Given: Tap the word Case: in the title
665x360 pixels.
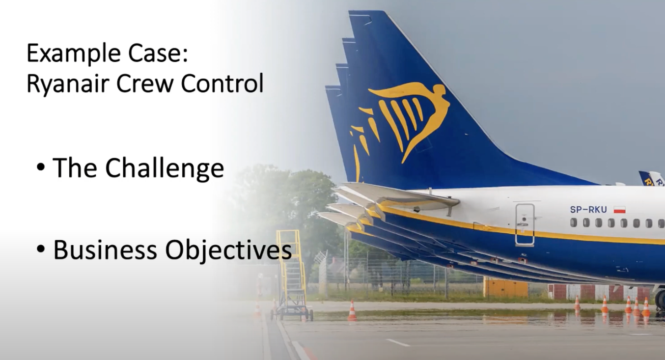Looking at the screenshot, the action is [158, 54].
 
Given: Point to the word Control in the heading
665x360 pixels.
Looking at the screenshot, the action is [222, 83].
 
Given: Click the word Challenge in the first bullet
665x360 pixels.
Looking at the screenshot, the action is [165, 168].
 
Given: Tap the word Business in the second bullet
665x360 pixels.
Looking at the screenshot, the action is [105, 250].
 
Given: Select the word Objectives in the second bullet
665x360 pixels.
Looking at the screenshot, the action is [228, 251].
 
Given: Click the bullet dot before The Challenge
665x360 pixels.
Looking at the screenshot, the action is [41, 167].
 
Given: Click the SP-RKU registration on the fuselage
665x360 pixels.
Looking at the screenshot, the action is [588, 210].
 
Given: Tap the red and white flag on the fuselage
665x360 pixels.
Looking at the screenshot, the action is [620, 210].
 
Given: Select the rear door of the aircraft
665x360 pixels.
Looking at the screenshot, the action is [525, 224].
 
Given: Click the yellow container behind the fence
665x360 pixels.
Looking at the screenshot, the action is [505, 287].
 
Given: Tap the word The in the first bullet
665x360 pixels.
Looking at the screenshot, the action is [75, 168].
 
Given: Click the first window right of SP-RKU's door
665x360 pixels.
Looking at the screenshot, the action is [574, 222].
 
